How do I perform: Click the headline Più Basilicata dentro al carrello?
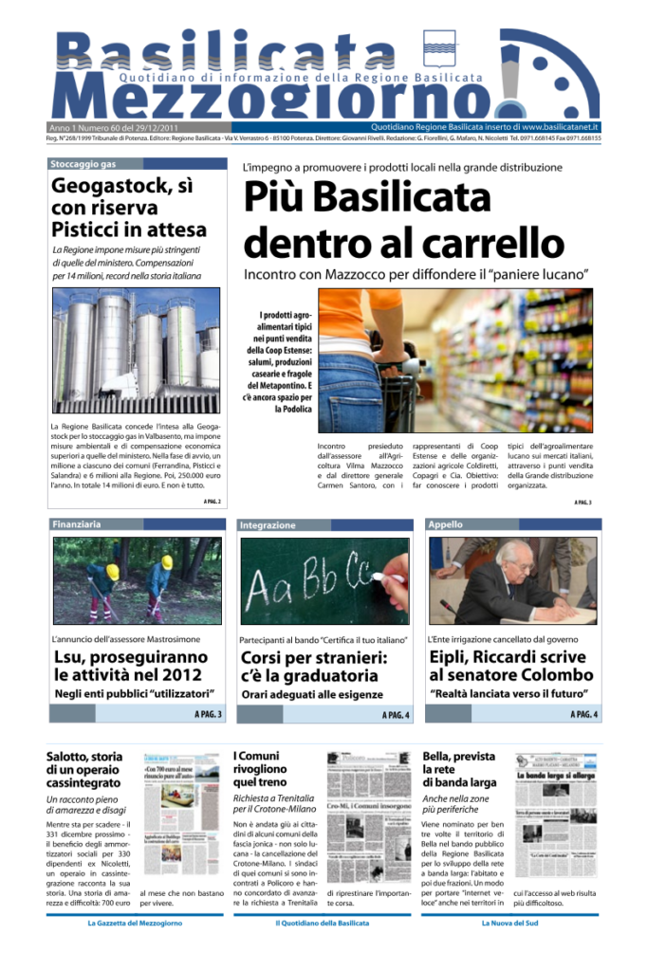point(404,221)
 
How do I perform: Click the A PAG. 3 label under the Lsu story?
point(208,713)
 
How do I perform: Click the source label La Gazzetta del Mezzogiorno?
point(135,922)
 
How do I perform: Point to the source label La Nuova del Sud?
point(511,922)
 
